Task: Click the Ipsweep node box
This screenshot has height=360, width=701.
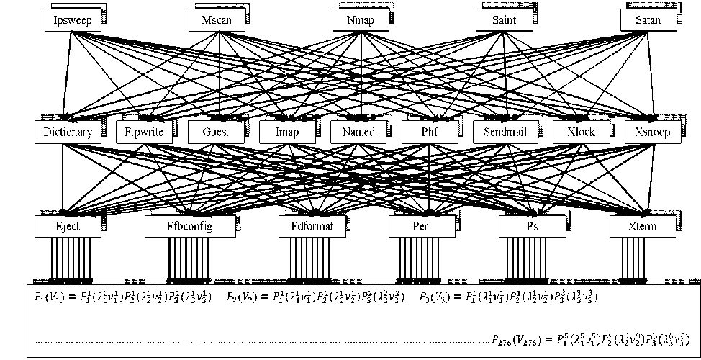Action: click(x=71, y=20)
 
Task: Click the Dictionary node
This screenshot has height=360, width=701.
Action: click(x=67, y=132)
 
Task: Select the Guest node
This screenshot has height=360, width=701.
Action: click(x=217, y=132)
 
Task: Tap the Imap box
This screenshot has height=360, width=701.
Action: click(x=287, y=132)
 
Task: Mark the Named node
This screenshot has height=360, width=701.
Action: click(x=359, y=132)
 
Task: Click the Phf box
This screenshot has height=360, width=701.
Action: click(x=430, y=132)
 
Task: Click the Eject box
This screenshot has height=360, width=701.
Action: click(x=67, y=227)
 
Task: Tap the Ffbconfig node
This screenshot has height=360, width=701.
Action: click(x=190, y=227)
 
